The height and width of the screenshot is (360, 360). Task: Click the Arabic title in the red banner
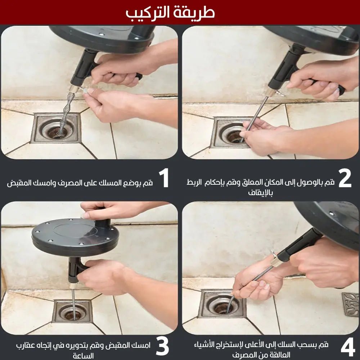170,12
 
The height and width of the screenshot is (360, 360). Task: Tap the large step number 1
164,178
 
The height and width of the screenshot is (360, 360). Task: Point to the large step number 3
162,347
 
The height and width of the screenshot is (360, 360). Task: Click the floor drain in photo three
72,312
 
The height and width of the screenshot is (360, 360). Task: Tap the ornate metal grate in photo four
350,304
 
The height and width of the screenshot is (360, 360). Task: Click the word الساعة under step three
83,356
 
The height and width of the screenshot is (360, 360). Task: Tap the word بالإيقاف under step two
260,193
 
